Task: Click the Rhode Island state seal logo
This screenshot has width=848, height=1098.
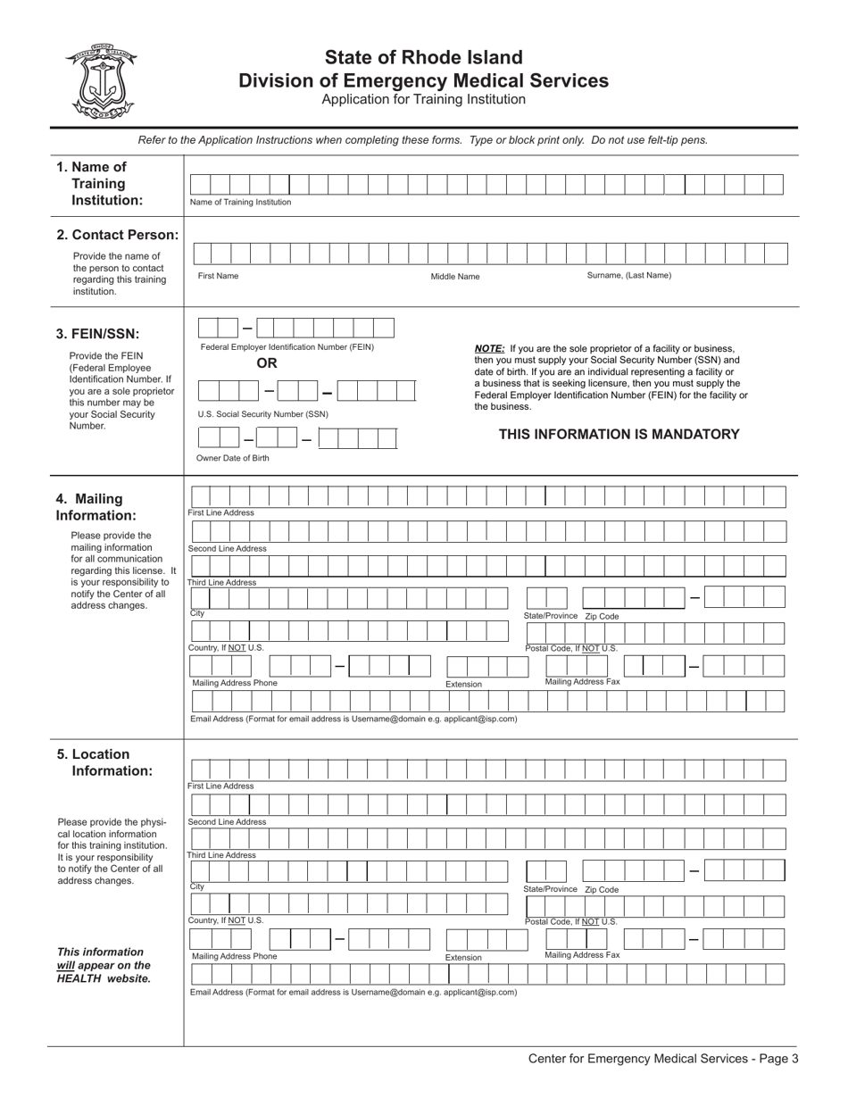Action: [x=100, y=81]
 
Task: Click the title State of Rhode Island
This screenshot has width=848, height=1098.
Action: [x=423, y=58]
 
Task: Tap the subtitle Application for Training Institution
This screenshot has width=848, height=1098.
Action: [x=423, y=99]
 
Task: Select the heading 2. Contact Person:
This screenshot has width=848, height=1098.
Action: [x=117, y=235]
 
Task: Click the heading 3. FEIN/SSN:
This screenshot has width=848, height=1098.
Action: [x=98, y=334]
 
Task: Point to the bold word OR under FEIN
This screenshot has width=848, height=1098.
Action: [x=267, y=363]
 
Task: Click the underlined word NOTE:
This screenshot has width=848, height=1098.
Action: [x=489, y=349]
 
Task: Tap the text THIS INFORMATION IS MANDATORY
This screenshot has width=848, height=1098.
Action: [x=619, y=435]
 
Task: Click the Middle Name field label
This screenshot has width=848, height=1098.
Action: [x=455, y=277]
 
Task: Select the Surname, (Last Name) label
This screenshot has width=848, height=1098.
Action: [x=628, y=276]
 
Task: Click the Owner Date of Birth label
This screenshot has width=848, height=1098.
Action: [x=233, y=458]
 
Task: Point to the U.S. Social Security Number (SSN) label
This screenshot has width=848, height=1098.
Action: [x=262, y=414]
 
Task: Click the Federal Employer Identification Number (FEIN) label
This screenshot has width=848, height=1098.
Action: [x=287, y=347]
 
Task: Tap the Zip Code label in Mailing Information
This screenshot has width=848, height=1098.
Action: [x=602, y=617]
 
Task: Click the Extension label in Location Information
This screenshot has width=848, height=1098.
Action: [x=464, y=958]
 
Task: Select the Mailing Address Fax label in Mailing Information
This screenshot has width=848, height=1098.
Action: [x=582, y=682]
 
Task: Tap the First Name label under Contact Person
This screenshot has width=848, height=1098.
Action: [x=218, y=276]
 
